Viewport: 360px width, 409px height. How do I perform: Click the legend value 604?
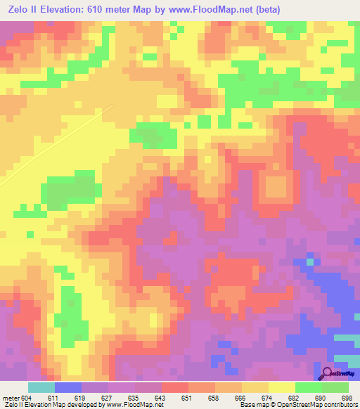[x=27, y=398]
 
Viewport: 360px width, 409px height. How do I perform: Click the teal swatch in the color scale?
[x=41, y=387]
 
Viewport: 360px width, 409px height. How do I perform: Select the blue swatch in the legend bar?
[x=68, y=387]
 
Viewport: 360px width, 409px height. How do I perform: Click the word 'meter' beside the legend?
[x=10, y=398]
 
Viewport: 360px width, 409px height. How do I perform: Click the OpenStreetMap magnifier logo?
[x=327, y=373]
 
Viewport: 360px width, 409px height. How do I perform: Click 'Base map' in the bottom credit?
[x=249, y=405]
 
